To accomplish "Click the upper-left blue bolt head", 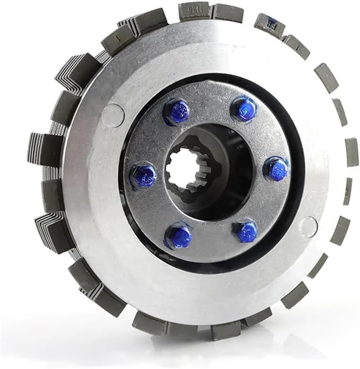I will pos(177,112).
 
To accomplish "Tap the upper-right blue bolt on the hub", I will pos(244,109).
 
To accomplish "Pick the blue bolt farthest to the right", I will pos(276,169).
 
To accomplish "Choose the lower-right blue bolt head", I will pos(245,231).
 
